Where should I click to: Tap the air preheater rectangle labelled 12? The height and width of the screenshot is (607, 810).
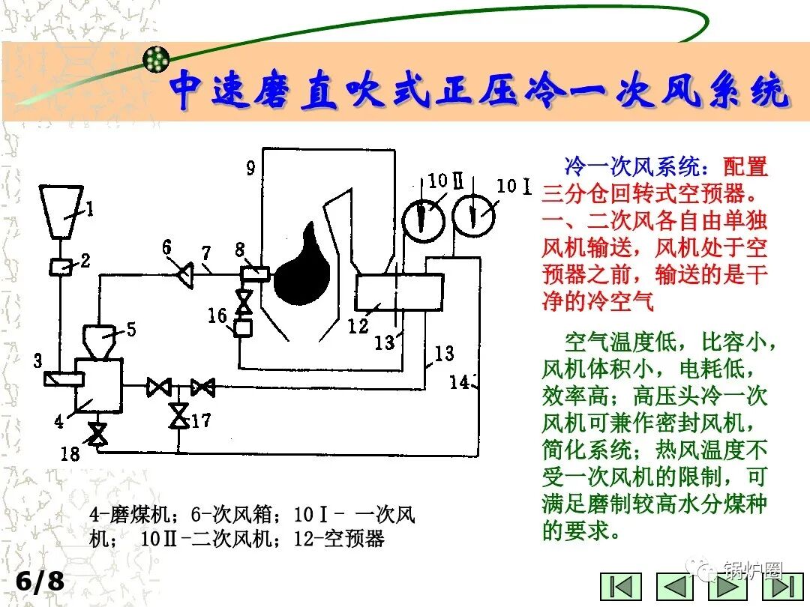398,292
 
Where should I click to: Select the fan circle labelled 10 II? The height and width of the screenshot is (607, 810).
422,216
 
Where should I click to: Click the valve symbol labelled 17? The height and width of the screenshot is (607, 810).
178,415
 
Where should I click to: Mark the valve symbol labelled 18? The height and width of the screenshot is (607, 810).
97,435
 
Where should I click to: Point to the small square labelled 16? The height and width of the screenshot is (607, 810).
242,327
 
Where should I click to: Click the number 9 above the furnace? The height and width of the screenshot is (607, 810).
250,166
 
